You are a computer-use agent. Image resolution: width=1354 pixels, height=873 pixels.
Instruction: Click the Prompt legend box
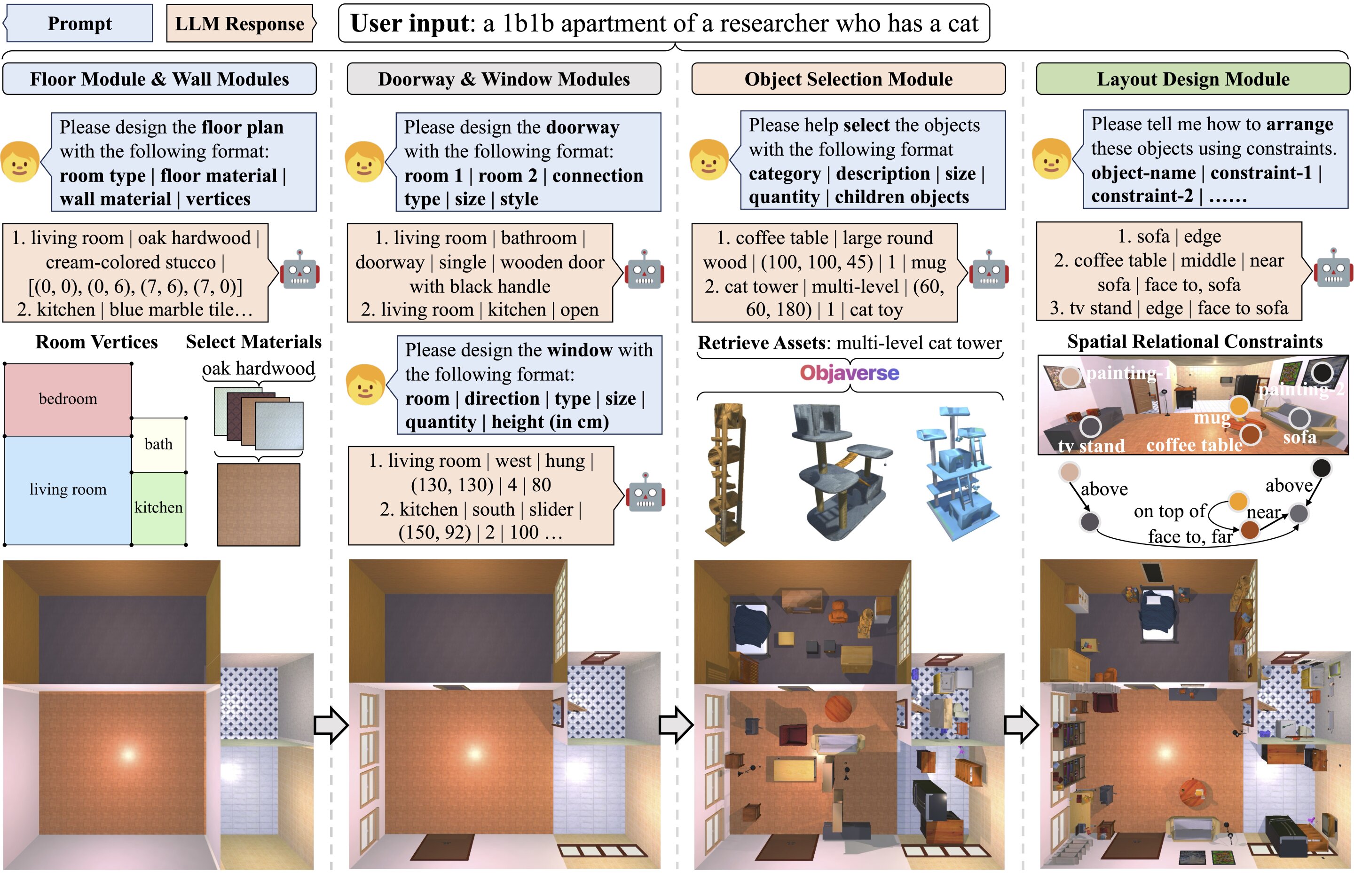point(79,23)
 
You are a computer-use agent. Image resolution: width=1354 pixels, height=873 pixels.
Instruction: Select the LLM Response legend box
point(239,23)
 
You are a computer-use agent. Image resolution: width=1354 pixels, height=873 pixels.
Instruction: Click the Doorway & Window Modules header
point(504,79)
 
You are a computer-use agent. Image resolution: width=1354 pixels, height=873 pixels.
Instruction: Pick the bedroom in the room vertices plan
point(68,399)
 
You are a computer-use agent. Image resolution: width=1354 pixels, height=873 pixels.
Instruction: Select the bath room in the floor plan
point(159,444)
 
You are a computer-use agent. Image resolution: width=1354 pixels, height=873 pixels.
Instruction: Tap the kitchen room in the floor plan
point(159,508)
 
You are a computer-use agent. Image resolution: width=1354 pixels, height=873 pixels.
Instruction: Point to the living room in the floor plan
point(68,490)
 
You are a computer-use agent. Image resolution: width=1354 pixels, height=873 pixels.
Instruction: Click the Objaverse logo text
point(849,373)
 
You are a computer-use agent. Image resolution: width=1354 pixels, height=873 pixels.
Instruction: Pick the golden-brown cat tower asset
point(725,473)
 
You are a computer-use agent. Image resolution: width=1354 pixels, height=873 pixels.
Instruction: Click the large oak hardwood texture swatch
point(259,504)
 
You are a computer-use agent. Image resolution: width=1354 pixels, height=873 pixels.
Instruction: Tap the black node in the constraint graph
point(1321,468)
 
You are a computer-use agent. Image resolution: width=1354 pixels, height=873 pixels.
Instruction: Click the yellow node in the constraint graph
point(1238,501)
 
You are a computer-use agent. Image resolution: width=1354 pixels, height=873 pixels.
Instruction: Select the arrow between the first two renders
point(331,724)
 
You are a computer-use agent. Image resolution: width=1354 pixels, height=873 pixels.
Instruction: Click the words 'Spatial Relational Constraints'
point(1194,342)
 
